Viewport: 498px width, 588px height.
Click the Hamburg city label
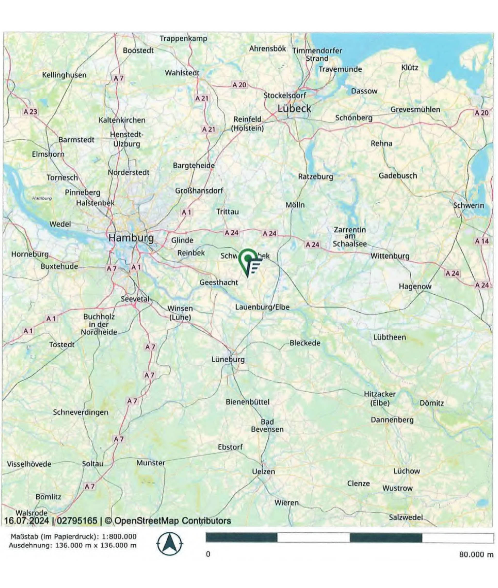coord(131,238)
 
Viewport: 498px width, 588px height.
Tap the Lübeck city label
coord(294,108)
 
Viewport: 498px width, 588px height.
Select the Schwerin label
coord(468,205)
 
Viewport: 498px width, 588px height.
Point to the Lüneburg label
coord(228,359)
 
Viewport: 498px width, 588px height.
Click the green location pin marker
coord(248,260)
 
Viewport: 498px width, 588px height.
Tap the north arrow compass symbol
coord(170,544)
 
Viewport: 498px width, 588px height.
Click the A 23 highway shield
coord(30,111)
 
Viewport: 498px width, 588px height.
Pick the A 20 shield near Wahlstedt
coord(239,84)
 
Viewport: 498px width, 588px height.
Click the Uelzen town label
coord(263,471)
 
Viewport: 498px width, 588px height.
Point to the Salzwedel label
coord(406,517)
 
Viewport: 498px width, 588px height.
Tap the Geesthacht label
coord(219,282)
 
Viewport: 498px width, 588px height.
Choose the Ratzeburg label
coord(316,176)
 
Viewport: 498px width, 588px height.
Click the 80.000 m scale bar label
coord(476,554)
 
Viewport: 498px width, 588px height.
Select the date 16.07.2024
coord(27,520)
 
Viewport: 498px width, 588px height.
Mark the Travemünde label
coord(340,69)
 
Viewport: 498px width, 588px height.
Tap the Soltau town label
coord(93,464)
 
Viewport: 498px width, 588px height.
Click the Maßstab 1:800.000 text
coord(74,537)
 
